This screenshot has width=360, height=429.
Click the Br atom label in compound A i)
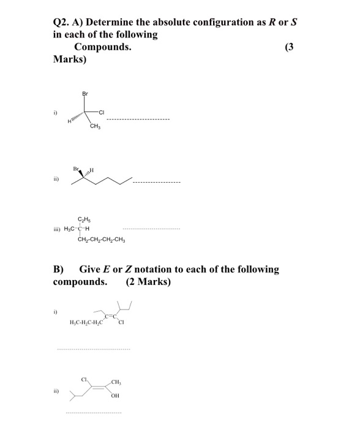click(84, 93)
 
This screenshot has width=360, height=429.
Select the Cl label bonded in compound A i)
click(102, 112)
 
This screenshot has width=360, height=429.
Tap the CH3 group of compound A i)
click(94, 127)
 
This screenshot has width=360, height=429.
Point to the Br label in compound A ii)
click(76, 169)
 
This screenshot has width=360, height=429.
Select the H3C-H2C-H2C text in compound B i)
click(85, 323)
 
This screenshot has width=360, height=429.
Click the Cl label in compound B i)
click(122, 323)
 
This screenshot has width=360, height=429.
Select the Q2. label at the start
click(62, 23)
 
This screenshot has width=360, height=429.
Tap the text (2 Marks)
click(148, 282)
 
